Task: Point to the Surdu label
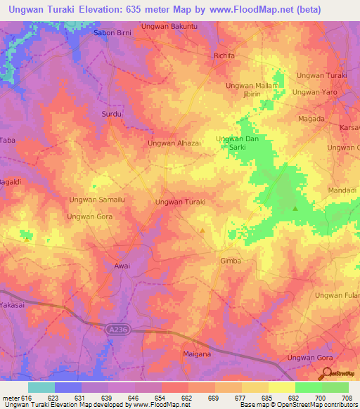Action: pyautogui.click(x=112, y=113)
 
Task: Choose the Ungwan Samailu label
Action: pyautogui.click(x=96, y=200)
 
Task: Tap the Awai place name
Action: pyautogui.click(x=122, y=266)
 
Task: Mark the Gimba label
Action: pyautogui.click(x=231, y=260)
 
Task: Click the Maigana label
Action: pyautogui.click(x=197, y=353)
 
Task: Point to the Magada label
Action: pyautogui.click(x=311, y=119)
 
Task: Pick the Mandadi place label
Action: pyautogui.click(x=343, y=190)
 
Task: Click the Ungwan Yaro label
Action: pyautogui.click(x=315, y=91)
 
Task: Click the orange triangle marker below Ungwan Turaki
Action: pyautogui.click(x=202, y=230)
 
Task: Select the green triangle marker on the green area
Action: pyautogui.click(x=295, y=208)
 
